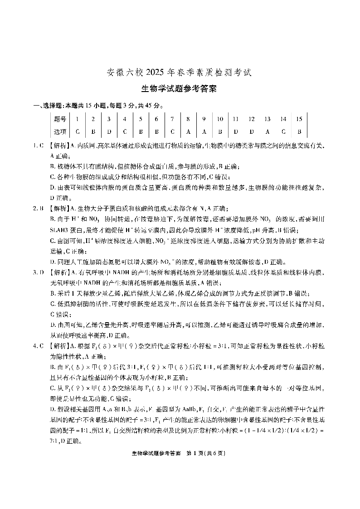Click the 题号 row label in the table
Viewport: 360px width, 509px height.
(60, 119)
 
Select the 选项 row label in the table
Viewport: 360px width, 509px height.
(60, 131)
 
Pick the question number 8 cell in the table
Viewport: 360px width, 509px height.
(188, 119)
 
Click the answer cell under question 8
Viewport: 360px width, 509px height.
(188, 131)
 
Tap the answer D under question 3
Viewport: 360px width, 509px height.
(109, 131)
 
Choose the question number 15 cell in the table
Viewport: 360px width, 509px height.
(299, 119)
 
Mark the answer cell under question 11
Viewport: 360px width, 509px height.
(236, 131)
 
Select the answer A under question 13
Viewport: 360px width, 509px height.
(268, 131)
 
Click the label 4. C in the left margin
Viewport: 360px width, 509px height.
(38, 346)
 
